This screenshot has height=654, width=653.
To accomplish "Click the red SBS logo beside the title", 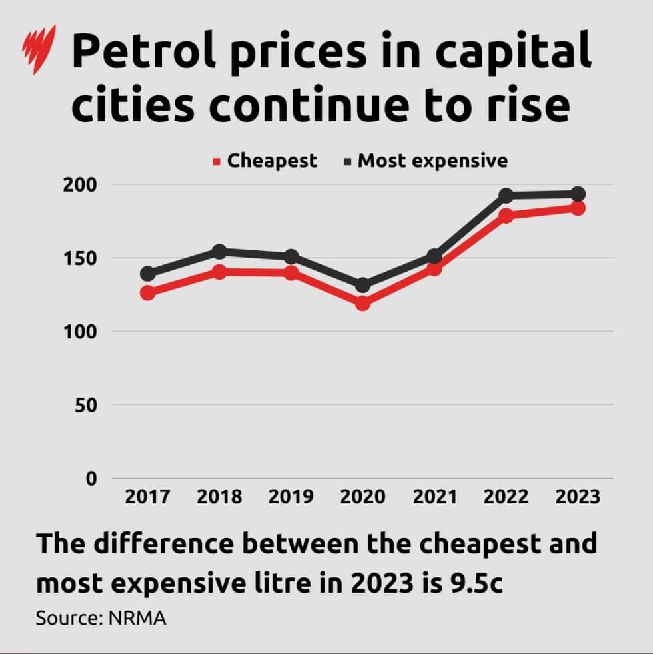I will (x=39, y=50).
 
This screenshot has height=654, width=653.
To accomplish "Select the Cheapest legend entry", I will (x=265, y=161).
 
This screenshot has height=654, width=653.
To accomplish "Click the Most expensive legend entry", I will (x=426, y=161).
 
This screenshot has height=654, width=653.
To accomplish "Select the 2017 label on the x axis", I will (x=147, y=497).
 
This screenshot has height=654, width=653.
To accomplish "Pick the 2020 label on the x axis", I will (x=362, y=497).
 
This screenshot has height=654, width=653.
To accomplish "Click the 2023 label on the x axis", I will (x=577, y=497).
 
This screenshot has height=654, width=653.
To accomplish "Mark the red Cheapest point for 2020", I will (x=362, y=303).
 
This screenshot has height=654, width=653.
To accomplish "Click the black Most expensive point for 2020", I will (x=362, y=286).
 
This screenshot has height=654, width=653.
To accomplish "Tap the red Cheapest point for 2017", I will (x=147, y=292).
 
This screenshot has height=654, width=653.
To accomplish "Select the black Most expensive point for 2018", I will (x=219, y=252).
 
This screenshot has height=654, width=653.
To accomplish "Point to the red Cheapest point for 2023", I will (x=578, y=208).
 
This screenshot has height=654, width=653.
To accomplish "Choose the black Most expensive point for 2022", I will (x=506, y=196).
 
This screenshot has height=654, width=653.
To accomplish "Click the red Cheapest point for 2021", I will (x=434, y=268).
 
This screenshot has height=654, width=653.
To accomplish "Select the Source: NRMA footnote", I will (x=101, y=618).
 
